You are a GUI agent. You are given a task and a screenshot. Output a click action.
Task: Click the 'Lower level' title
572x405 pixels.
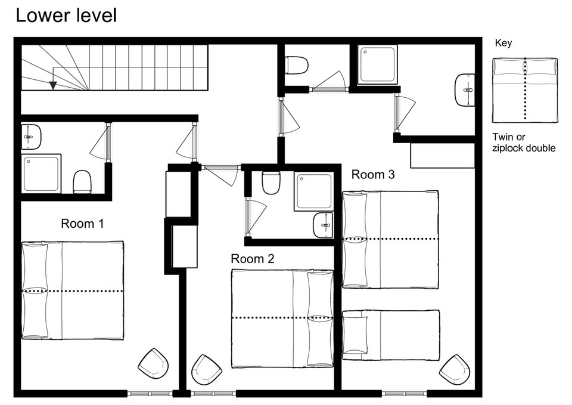(x=66, y=16)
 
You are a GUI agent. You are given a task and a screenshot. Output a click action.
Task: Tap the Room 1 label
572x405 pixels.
(x=82, y=224)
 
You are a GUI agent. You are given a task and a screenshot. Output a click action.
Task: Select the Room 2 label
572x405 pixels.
(x=253, y=259)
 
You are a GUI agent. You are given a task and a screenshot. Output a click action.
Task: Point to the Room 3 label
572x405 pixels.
(x=373, y=175)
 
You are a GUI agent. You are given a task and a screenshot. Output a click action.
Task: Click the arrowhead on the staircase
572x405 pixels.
(x=53, y=85)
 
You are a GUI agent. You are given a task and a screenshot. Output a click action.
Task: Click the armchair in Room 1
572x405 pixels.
(x=153, y=364)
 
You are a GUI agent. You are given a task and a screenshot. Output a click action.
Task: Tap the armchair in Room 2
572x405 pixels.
(x=207, y=370)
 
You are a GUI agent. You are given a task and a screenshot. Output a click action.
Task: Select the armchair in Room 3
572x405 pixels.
(x=454, y=369)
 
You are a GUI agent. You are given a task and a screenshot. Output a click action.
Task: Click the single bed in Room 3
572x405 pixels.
(x=391, y=335)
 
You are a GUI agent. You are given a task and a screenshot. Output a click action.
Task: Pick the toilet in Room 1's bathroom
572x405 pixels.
(x=82, y=182)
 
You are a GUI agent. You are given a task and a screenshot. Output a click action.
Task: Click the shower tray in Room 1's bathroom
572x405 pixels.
(x=41, y=174)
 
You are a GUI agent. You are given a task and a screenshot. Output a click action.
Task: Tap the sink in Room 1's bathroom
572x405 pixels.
(x=30, y=137)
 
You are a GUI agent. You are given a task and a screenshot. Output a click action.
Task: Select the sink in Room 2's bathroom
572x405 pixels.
(x=323, y=225)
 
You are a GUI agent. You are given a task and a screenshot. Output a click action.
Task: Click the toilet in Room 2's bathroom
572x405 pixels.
(x=271, y=183)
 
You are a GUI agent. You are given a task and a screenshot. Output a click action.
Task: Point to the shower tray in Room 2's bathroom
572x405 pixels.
(x=314, y=191)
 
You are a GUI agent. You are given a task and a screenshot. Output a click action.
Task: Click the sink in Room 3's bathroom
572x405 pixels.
(x=465, y=90)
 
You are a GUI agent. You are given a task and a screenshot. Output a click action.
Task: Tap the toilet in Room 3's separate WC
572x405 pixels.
(x=296, y=65)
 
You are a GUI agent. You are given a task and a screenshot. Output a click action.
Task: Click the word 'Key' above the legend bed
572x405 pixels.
(x=503, y=43)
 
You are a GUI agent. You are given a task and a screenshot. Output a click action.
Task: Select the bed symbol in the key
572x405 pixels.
(x=525, y=90)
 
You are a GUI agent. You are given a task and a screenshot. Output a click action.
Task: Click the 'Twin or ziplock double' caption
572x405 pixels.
(x=524, y=143)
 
